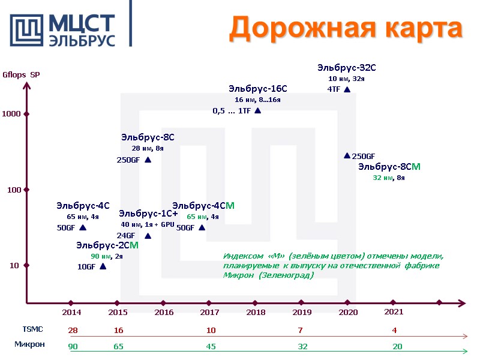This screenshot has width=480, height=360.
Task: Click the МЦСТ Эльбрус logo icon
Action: click(26, 28)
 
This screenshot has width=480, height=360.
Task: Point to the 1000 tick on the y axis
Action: click(26, 114)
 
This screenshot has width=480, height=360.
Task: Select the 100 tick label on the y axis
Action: click(14, 190)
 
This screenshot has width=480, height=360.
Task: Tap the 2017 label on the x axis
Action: click(209, 313)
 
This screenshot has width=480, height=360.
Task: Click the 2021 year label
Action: click(394, 312)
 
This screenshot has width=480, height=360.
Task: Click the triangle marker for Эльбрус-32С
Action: click(347, 89)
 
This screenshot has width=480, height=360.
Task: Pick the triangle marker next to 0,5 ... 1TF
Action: click(257, 110)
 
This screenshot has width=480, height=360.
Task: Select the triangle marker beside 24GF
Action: click(148, 236)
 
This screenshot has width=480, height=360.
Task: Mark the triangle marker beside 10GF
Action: click(103, 266)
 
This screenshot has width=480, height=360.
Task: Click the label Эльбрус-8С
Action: click(148, 137)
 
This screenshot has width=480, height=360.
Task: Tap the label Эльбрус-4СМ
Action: click(203, 206)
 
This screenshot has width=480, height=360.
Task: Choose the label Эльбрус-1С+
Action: click(148, 214)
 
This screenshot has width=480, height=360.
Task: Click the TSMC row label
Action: click(32, 329)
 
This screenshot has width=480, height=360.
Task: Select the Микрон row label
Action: click(30, 344)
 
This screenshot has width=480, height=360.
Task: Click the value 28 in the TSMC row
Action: click(73, 331)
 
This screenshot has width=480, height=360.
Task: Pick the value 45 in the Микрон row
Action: click(211, 346)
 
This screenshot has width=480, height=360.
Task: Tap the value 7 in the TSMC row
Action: click(300, 331)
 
